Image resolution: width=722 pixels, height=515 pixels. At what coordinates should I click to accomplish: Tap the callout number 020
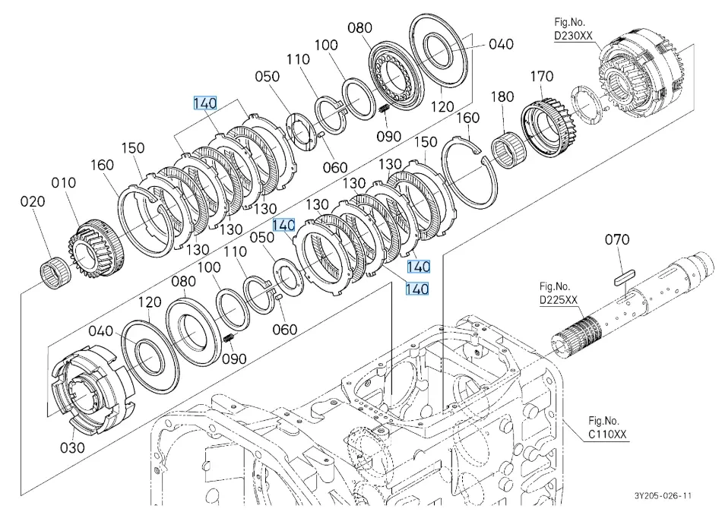[33, 202]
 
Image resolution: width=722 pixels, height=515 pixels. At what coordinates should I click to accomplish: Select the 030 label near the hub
[72, 447]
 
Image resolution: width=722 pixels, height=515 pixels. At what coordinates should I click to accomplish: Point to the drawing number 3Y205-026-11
[663, 496]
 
